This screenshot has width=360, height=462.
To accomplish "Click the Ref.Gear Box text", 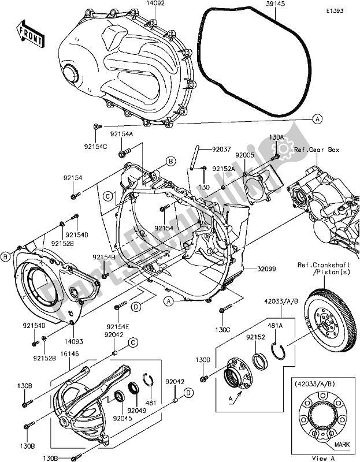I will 316,150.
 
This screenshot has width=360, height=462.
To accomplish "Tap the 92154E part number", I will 118,326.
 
